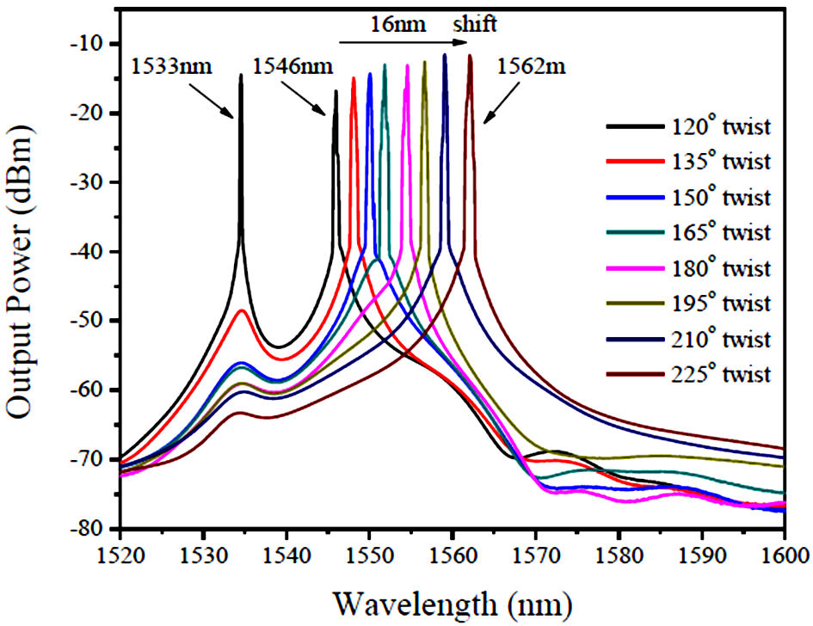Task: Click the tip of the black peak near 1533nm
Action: coord(241,76)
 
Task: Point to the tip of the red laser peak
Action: coord(354,79)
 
